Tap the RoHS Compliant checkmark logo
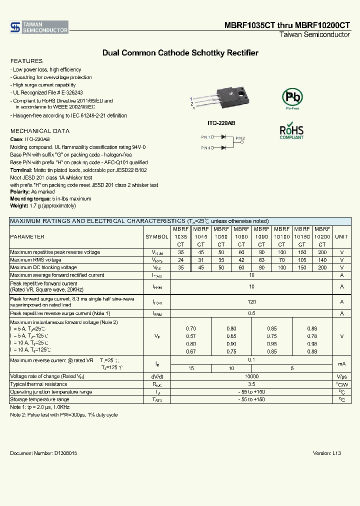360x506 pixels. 291,130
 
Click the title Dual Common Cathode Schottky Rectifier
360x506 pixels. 180,52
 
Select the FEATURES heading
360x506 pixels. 23,60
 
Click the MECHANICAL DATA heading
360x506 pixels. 33,131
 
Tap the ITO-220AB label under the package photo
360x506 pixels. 221,122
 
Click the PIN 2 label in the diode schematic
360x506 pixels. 240,138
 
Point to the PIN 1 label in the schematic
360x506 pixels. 206,136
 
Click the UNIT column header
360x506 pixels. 341,237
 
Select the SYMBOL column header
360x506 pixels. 157,237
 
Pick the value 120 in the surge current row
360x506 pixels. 251,302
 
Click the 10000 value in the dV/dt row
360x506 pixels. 251,376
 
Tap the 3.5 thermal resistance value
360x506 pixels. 251,384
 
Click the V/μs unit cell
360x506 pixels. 341,376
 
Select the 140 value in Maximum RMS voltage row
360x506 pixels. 322,260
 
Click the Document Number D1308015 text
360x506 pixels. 43,452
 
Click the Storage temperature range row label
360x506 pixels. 39,399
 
